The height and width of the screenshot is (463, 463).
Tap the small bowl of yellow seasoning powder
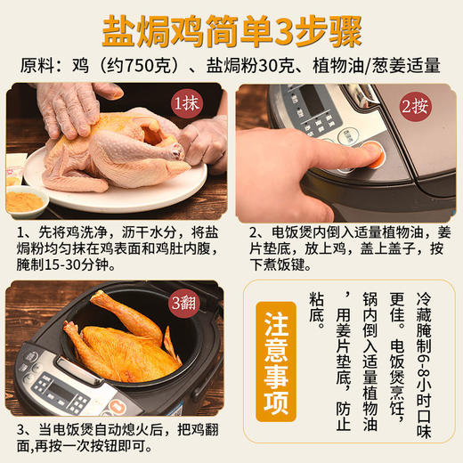(x=26, y=198)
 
